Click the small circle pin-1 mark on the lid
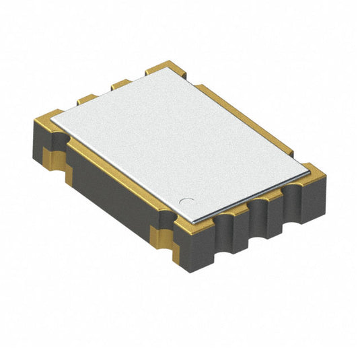pos(190,200)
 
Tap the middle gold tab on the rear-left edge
pos(121,84)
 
